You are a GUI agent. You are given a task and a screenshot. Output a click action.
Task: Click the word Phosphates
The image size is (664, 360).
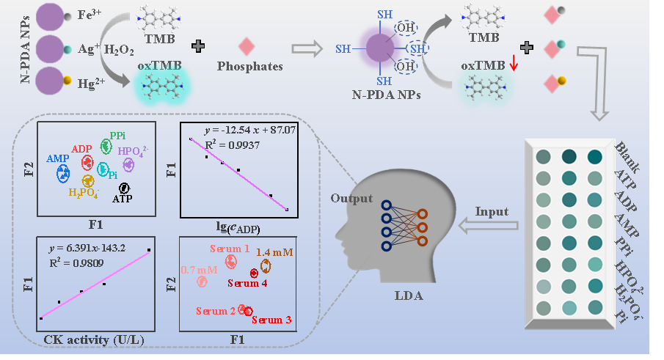coord(250,66)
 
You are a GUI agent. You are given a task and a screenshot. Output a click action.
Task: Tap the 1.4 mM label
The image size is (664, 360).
coord(277,252)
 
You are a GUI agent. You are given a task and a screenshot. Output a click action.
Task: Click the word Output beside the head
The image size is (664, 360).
coord(351,199)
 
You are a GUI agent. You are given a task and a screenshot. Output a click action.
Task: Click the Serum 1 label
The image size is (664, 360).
coord(230,249)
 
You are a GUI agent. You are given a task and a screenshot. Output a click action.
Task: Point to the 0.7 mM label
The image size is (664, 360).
coord(200,269)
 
